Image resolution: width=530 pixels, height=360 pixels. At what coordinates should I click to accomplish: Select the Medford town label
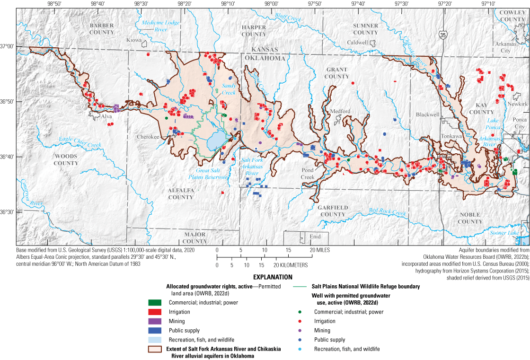pyautogui.click(x=340, y=112)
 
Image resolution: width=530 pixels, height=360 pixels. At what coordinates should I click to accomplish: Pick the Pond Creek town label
pyautogui.click(x=308, y=174)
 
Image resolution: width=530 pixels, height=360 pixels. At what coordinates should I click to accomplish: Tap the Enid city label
pyautogui.click(x=315, y=237)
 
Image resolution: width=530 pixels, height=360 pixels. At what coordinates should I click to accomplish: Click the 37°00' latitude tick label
pyautogui.click(x=7, y=46)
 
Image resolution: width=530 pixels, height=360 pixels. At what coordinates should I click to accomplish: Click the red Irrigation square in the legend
pyautogui.click(x=155, y=312)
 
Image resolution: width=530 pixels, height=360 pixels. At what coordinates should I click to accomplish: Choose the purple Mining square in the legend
pyautogui.click(x=155, y=321)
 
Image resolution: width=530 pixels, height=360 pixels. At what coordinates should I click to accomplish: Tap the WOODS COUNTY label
pyautogui.click(x=66, y=159)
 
